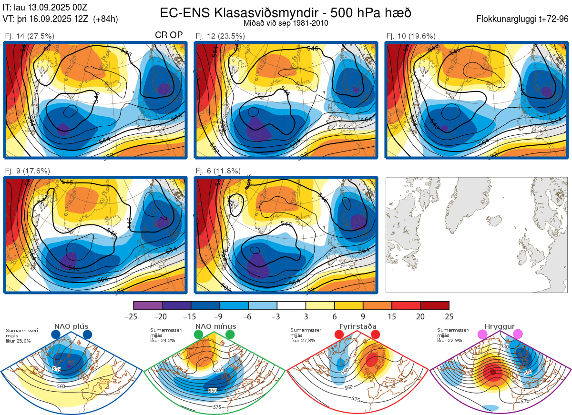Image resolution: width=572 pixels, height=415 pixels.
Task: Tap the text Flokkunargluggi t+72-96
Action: [522, 19]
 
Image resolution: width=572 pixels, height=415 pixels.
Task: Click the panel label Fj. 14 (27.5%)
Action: [30, 36]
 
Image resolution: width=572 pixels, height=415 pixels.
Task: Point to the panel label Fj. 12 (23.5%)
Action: [220, 36]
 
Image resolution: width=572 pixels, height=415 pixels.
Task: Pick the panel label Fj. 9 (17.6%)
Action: [27, 171]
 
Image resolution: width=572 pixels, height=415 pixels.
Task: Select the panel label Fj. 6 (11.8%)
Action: [218, 171]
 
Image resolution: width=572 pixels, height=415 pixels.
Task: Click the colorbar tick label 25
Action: [449, 316]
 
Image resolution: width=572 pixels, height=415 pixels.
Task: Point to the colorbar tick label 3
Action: [306, 316]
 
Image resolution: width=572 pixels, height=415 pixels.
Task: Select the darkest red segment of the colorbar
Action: [435, 305]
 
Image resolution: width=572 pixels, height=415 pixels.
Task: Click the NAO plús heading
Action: [71, 326]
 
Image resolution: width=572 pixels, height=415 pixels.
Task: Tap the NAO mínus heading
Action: [215, 326]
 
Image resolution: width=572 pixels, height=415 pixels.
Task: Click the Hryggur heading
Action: [500, 326]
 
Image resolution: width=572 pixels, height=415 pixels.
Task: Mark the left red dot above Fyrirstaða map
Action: [339, 335]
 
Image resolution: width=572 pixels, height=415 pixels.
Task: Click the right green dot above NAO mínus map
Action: [230, 335]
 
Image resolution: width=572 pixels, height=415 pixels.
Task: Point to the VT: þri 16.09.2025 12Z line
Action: [60, 19]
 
